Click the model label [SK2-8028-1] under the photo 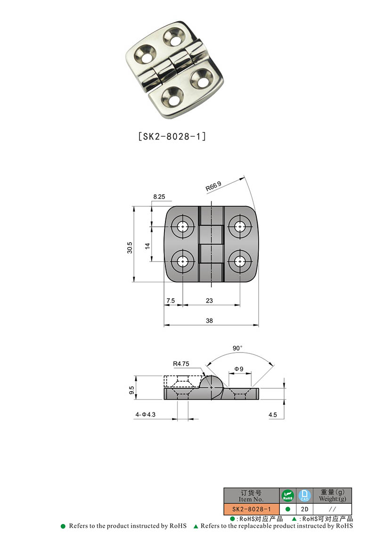(x=172, y=137)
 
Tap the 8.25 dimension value (x=158, y=197)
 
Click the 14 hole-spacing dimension (x=147, y=246)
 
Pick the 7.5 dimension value (x=170, y=301)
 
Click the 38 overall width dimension (x=210, y=320)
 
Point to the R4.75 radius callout (x=181, y=363)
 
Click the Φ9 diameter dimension (x=239, y=369)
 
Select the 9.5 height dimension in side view (x=132, y=390)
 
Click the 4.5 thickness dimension (x=272, y=415)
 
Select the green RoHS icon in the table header (x=287, y=496)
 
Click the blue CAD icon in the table (x=304, y=496)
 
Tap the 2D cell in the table (x=304, y=509)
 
